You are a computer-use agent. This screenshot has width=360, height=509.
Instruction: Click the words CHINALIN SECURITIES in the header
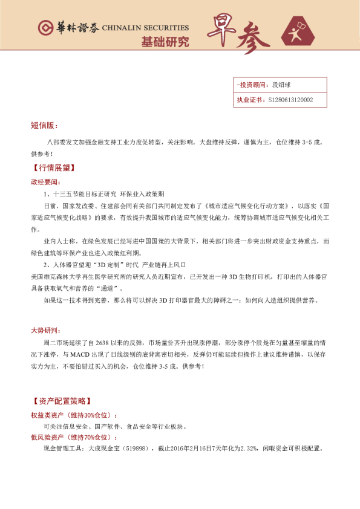(x=146, y=28)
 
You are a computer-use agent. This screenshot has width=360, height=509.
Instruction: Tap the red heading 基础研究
(x=165, y=42)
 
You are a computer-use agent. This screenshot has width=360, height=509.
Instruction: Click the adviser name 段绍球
(x=282, y=85)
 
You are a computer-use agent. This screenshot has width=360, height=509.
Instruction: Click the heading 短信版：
(x=44, y=126)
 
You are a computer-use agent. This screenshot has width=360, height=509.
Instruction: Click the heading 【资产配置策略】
(x=62, y=401)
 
